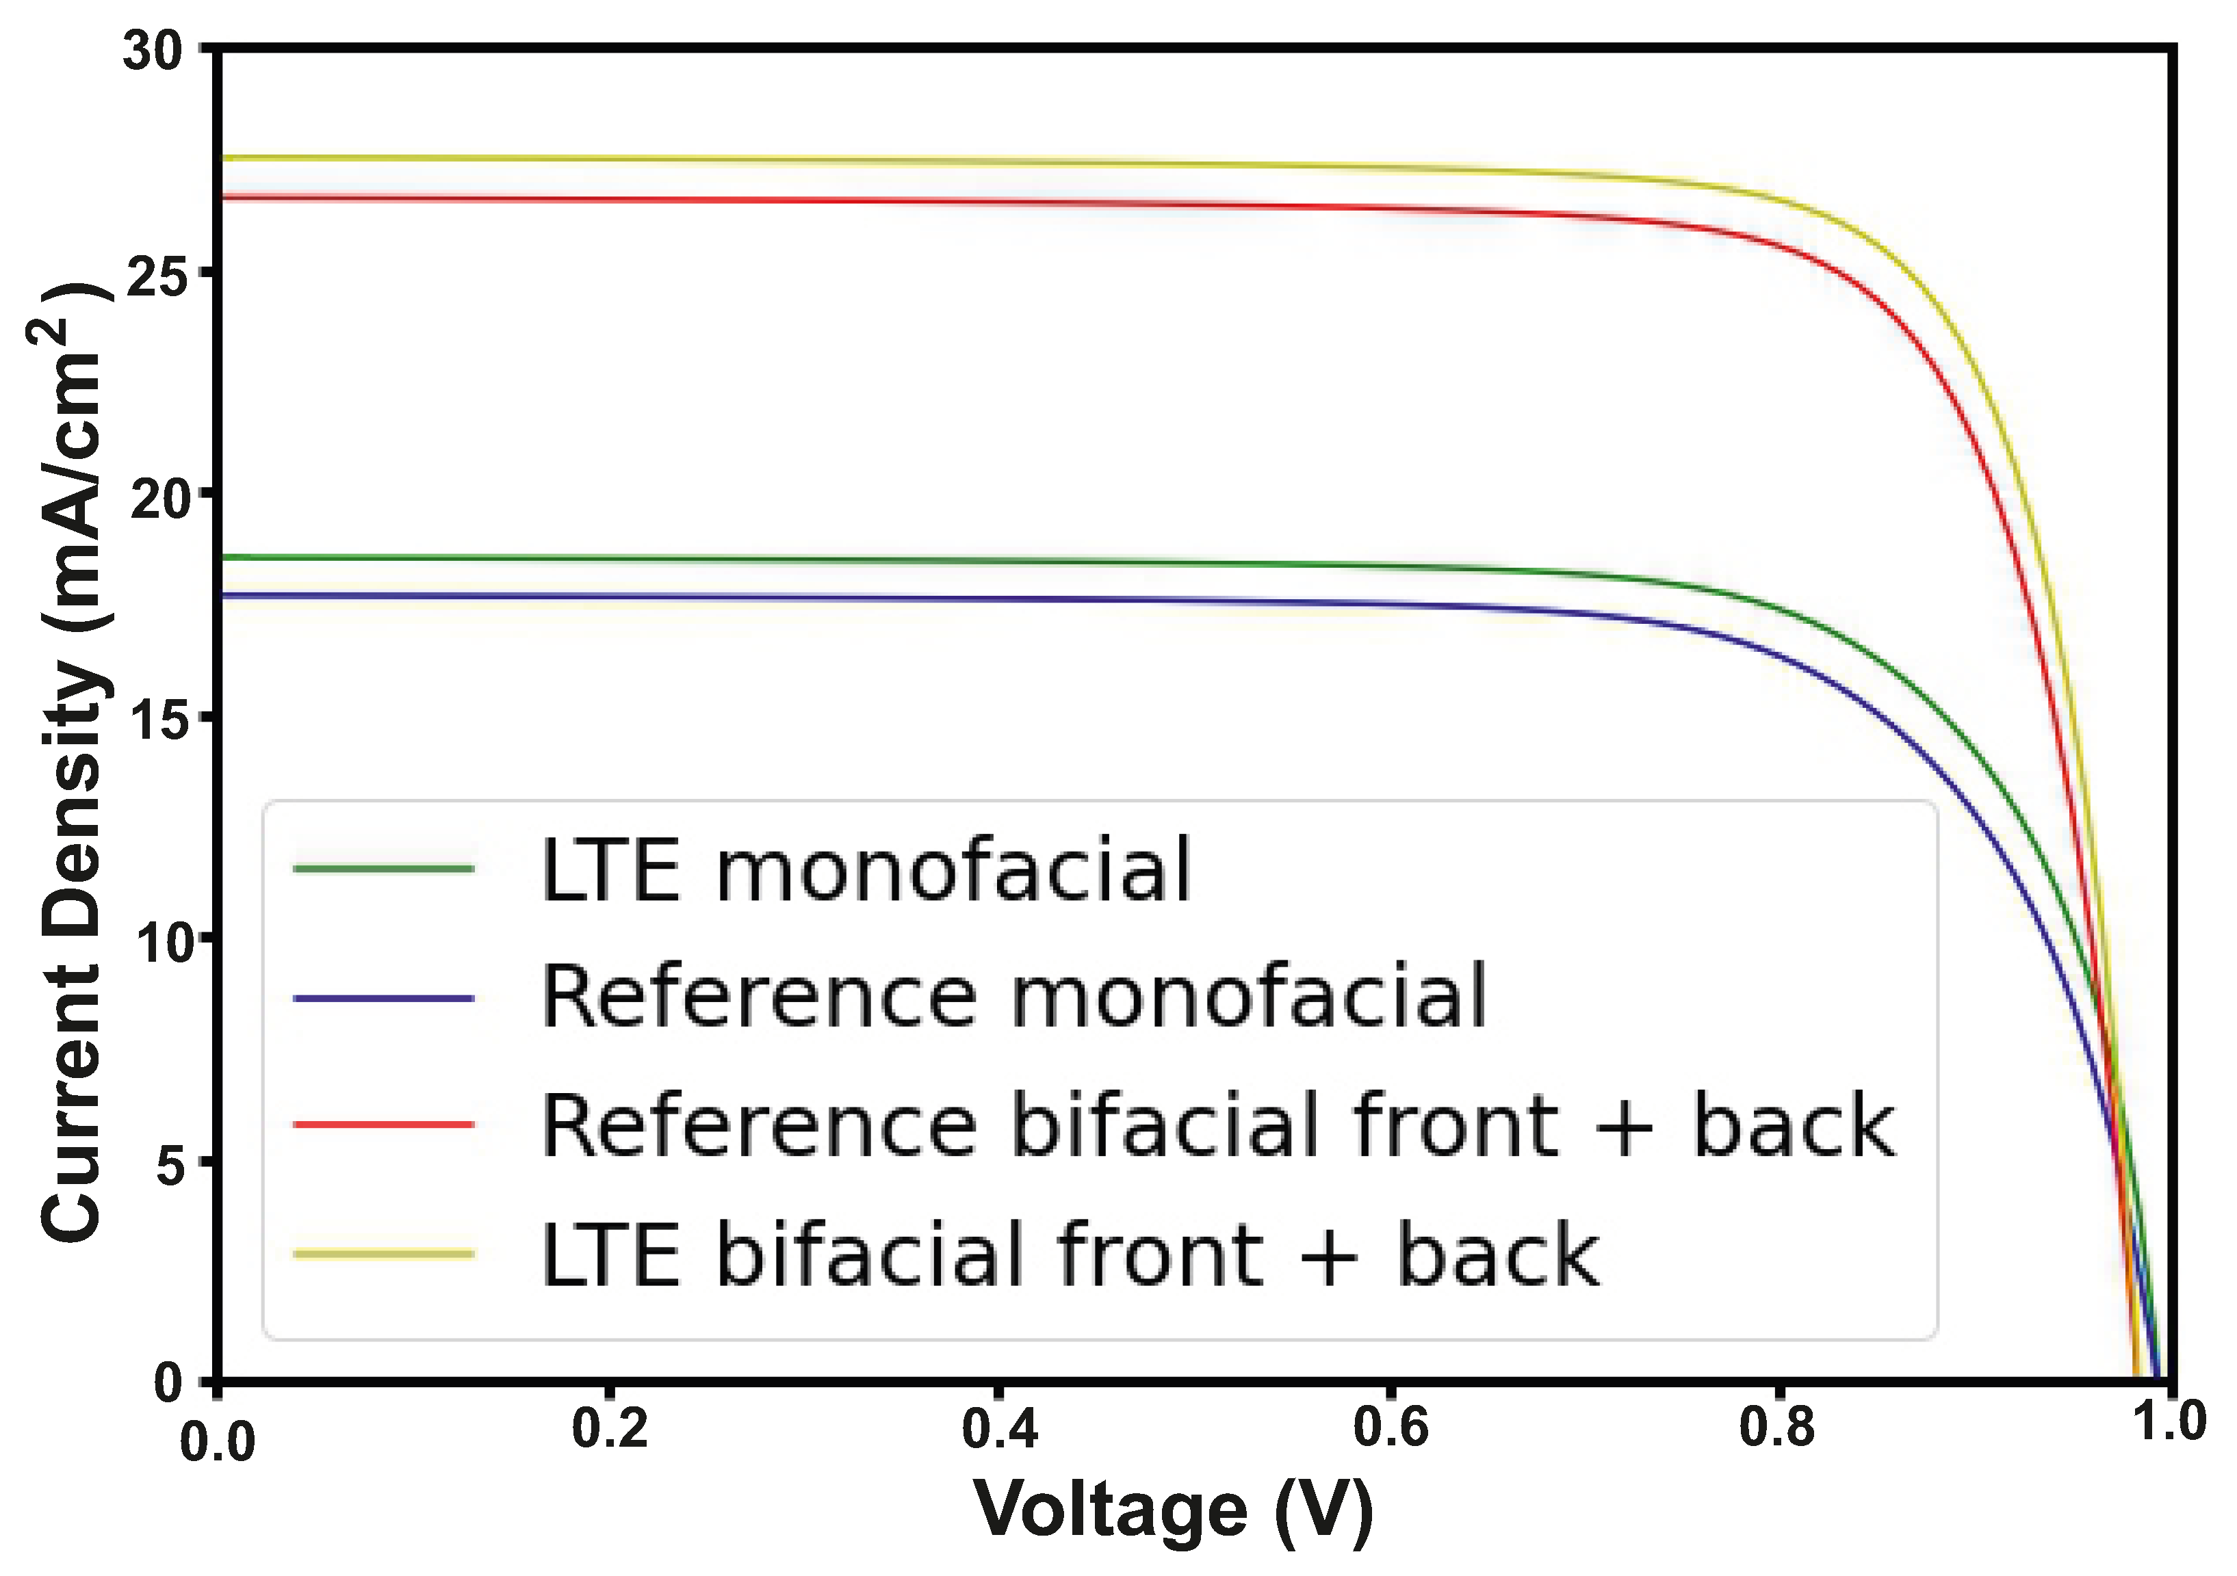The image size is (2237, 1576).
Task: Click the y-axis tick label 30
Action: tap(153, 50)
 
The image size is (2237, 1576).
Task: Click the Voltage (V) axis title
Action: tap(1174, 1509)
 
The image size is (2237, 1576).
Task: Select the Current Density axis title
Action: tap(73, 760)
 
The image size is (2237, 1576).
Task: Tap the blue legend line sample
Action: tap(384, 999)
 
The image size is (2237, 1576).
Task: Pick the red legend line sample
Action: tap(384, 1125)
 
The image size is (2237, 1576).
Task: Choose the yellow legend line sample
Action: tap(384, 1254)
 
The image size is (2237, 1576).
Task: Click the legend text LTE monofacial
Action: tap(865, 870)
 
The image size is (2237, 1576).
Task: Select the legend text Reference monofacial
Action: tap(1013, 997)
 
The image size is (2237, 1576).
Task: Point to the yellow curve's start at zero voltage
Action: tap(222, 158)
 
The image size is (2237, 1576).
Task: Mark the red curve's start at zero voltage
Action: tap(222, 197)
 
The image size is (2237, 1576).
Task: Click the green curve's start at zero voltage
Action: tap(222, 557)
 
